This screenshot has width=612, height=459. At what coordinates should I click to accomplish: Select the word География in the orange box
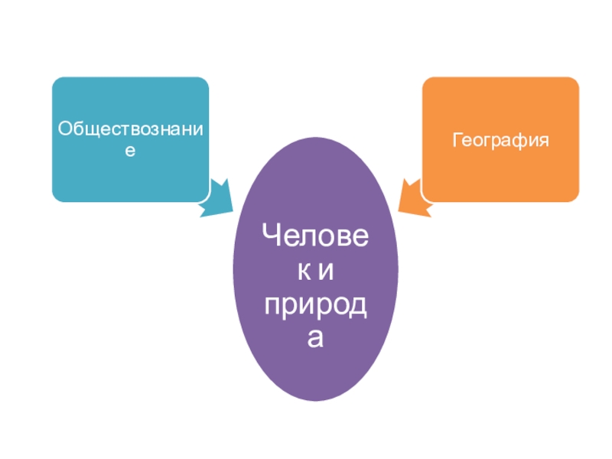pos(500,140)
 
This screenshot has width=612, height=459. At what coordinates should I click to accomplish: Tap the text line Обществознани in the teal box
pos(131,129)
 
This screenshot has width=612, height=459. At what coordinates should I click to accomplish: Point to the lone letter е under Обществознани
pos(131,151)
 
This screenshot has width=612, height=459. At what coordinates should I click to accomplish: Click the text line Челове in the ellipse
pos(315,236)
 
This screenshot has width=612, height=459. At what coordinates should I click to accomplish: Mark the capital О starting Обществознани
pos(65,129)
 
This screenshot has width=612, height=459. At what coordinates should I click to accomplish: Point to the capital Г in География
pos(457,140)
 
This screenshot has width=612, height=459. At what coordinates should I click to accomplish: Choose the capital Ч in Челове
pos(272,236)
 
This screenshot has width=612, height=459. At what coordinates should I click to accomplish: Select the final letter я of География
pos(544,140)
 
